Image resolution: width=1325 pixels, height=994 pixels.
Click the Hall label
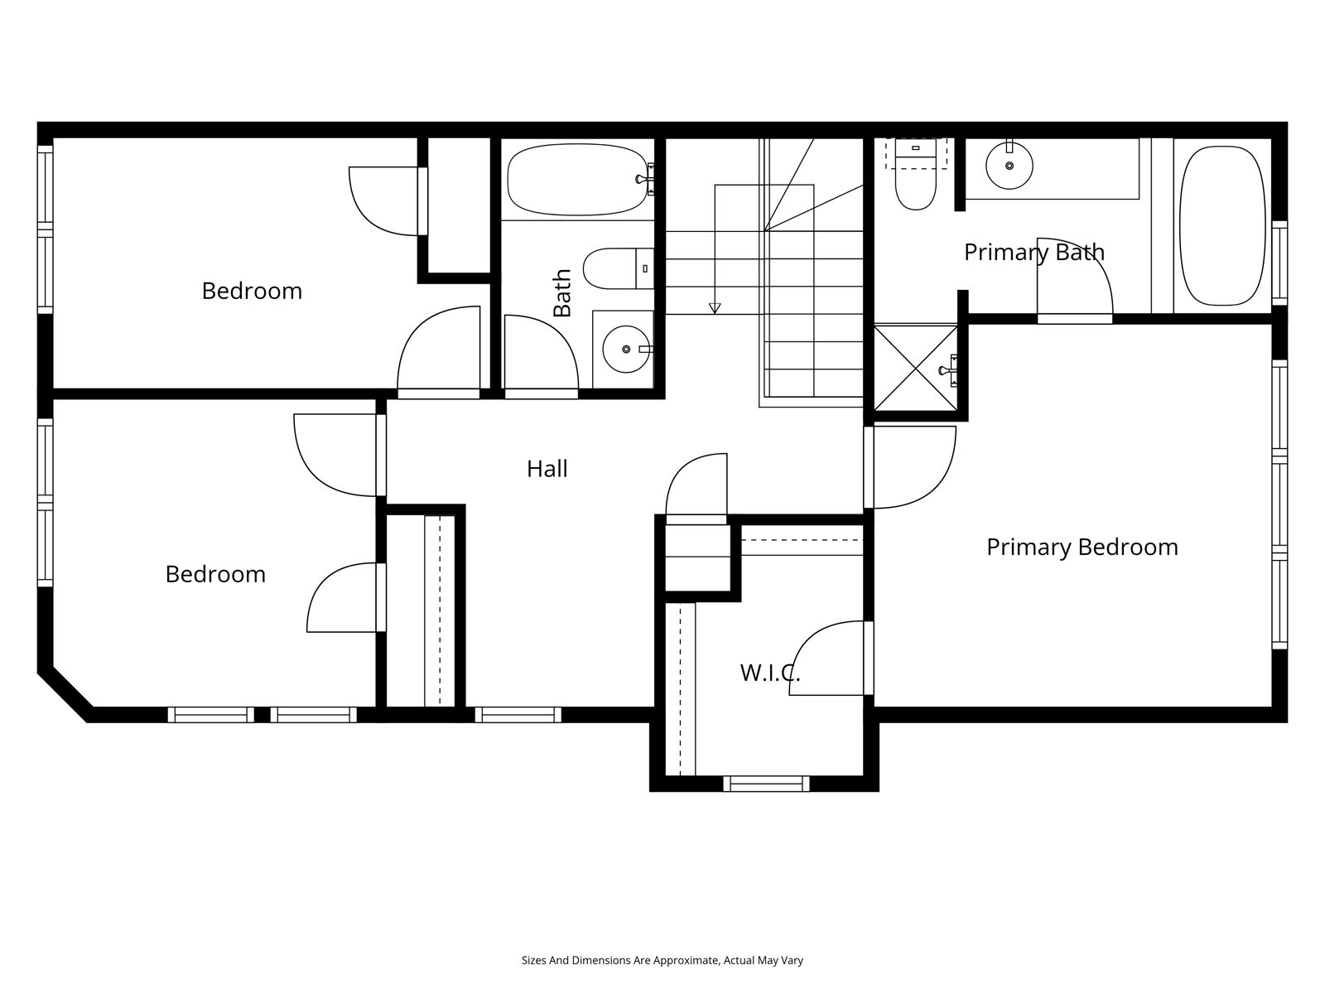pos(547,469)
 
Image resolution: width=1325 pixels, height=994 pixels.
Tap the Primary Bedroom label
pos(1082,548)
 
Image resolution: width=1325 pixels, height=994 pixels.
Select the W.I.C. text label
pos(769,673)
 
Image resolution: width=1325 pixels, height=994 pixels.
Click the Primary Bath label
pos(1034,253)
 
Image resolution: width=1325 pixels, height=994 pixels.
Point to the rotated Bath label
pos(562,292)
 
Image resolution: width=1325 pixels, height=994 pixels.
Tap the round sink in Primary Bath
pos(1009,166)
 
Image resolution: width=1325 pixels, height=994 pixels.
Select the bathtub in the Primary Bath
pos(1222,225)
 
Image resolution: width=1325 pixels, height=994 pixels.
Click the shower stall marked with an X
pos(915,368)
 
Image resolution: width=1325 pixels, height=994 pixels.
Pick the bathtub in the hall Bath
pos(578,179)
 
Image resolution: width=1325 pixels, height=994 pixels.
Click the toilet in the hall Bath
pos(618,268)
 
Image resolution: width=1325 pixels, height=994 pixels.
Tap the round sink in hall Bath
pos(626,349)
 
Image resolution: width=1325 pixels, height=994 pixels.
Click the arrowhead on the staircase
pos(715,308)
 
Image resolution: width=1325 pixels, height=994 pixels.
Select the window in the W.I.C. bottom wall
pos(767,784)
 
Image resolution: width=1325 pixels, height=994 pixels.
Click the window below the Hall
pos(518,715)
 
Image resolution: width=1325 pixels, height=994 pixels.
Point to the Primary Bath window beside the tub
pos(1279,263)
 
